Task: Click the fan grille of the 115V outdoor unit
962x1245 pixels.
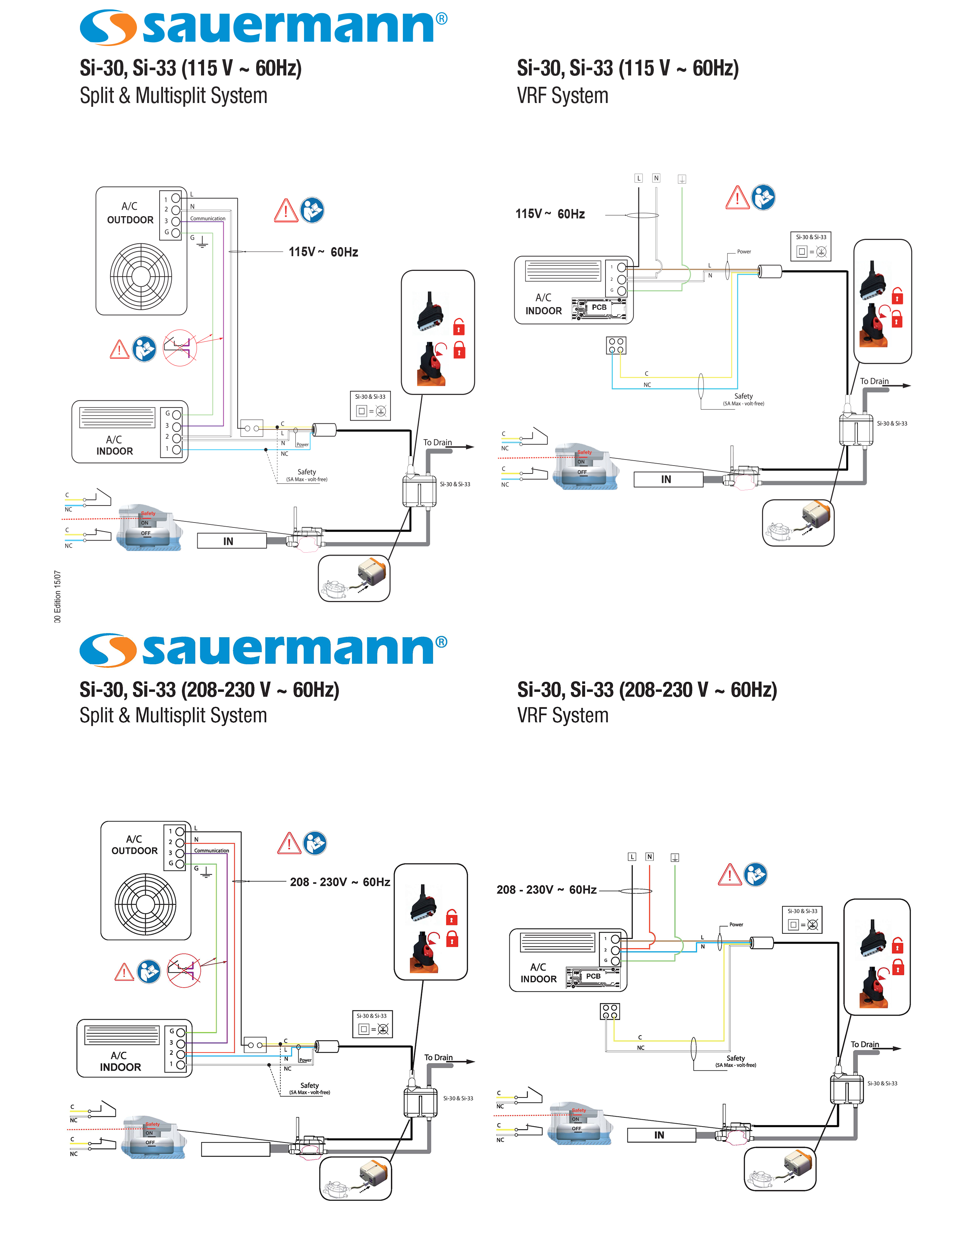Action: [x=141, y=277]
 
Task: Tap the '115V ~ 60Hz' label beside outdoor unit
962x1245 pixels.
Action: [x=323, y=252]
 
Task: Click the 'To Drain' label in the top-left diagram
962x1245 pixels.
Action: [x=437, y=443]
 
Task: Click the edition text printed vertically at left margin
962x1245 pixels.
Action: [x=58, y=596]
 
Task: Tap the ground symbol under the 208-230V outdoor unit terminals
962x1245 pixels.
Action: [x=206, y=873]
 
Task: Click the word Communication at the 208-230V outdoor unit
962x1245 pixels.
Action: [x=211, y=850]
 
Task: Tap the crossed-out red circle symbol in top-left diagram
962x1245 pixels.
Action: [x=180, y=347]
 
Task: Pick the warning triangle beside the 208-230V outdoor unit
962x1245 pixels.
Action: [x=289, y=843]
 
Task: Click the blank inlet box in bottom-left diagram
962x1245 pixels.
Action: [x=235, y=1149]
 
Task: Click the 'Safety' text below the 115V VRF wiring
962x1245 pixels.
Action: [x=743, y=396]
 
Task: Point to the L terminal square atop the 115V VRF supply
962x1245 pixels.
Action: [x=638, y=178]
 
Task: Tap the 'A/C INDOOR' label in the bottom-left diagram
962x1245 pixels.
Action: [x=120, y=1061]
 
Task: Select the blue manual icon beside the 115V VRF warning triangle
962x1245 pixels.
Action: [x=763, y=198]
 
